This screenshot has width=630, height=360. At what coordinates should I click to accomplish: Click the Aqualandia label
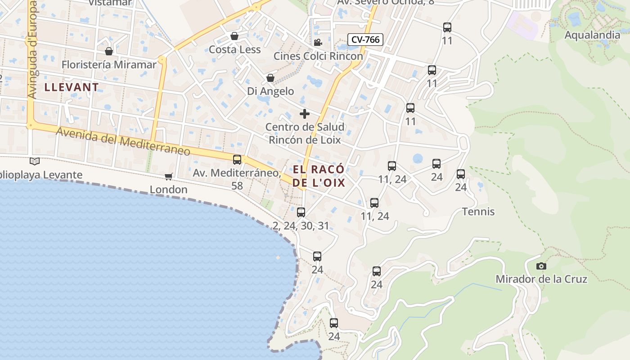click(x=592, y=35)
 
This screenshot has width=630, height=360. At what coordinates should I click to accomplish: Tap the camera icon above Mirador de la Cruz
click(x=541, y=266)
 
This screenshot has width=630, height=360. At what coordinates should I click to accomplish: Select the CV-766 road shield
click(x=365, y=40)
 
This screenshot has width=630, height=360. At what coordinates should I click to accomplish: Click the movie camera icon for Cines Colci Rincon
click(x=318, y=43)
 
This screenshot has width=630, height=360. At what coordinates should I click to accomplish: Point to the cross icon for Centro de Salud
click(x=305, y=113)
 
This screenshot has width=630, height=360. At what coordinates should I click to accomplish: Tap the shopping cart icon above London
click(x=168, y=176)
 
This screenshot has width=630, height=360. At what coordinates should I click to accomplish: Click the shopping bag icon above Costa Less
click(x=234, y=36)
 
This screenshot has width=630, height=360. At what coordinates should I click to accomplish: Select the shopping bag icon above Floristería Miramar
click(x=108, y=51)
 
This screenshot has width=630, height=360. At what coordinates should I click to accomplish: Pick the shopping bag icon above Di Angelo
click(x=270, y=78)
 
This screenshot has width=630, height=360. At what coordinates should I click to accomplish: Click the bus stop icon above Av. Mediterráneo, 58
click(x=237, y=159)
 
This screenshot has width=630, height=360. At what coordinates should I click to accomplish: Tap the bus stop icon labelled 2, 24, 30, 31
click(x=301, y=212)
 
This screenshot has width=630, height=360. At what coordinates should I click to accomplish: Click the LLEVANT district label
click(x=72, y=87)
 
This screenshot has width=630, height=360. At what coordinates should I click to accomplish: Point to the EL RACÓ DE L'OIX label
click(x=319, y=176)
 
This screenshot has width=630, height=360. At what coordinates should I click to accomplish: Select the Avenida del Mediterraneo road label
click(x=123, y=141)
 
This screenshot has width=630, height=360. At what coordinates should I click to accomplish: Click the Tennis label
click(x=478, y=211)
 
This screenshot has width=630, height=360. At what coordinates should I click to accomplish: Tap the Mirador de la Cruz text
click(x=541, y=279)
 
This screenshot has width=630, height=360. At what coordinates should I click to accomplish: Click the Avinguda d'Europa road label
click(x=32, y=49)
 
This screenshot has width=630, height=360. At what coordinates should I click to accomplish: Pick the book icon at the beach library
click(x=35, y=161)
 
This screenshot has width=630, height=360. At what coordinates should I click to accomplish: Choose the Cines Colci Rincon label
click(x=318, y=56)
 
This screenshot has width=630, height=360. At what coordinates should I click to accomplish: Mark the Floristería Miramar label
click(x=109, y=65)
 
